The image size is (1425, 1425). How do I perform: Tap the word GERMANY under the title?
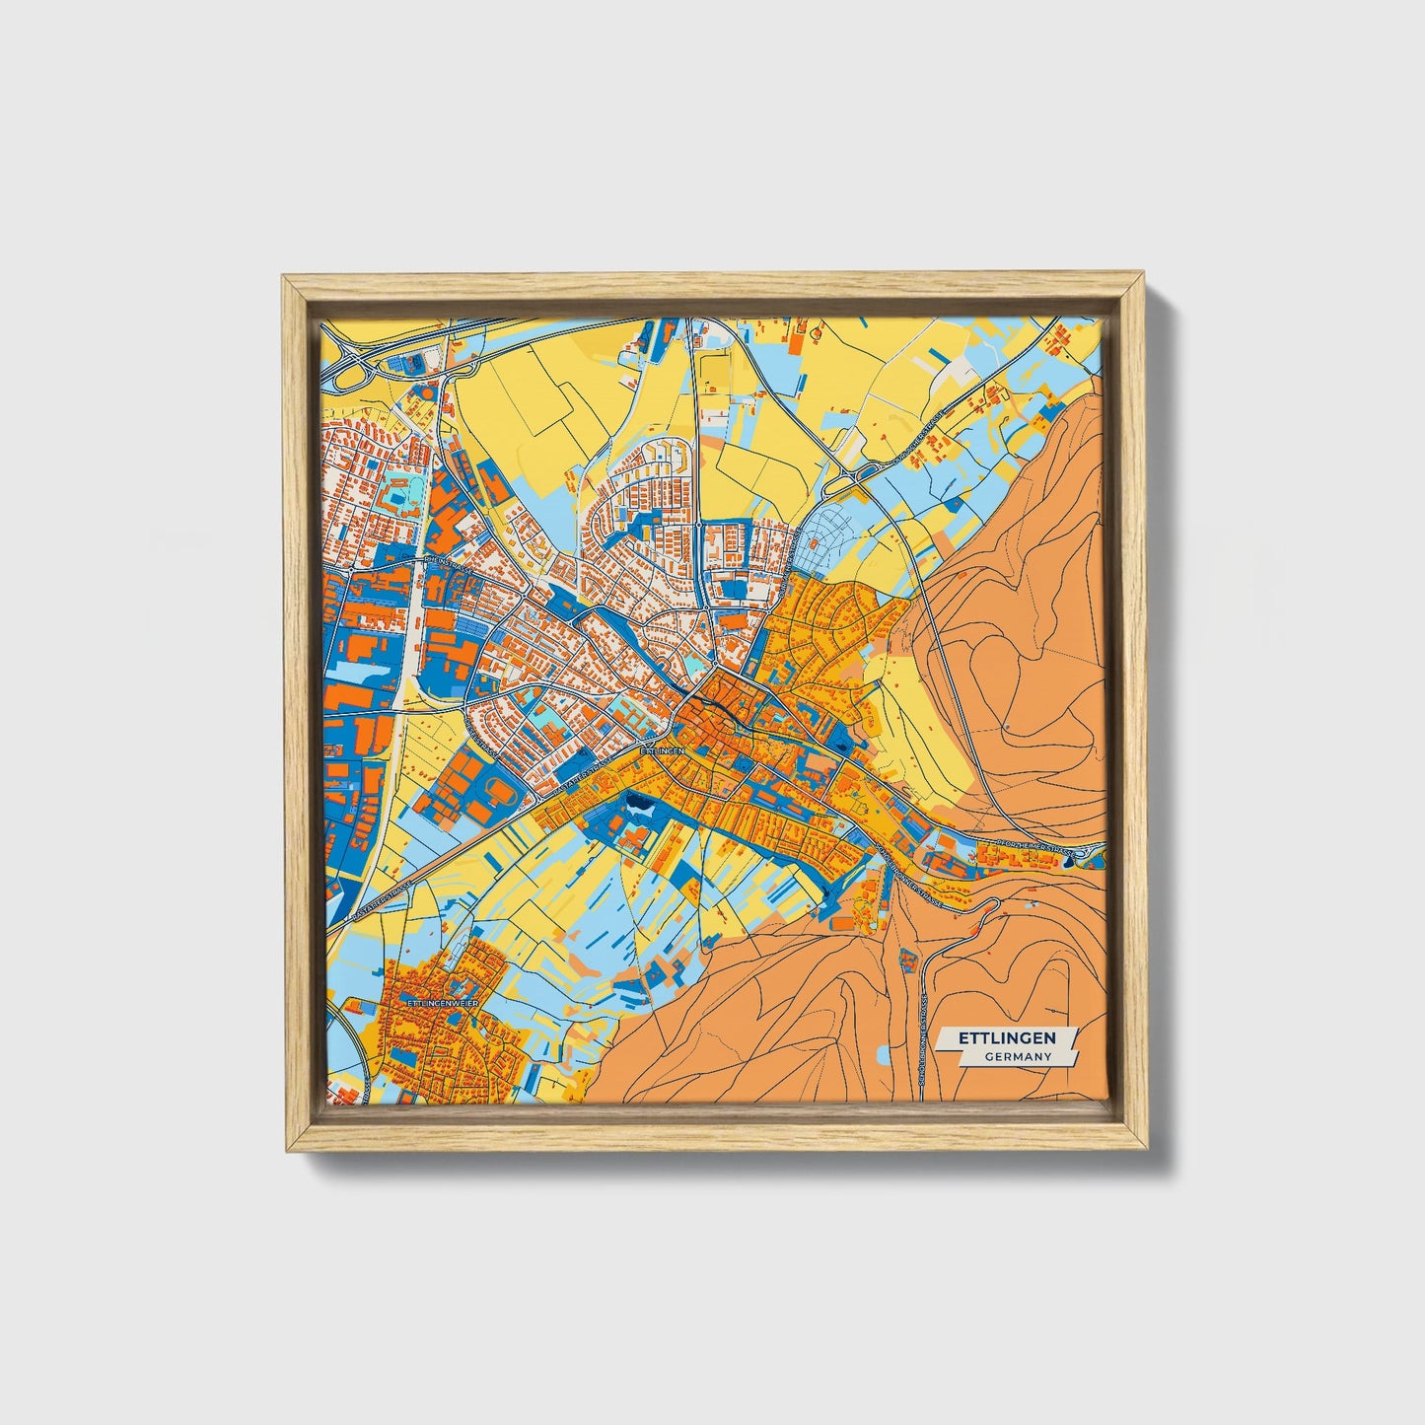tap(1017, 1056)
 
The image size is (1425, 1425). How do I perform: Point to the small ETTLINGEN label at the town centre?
tap(662, 750)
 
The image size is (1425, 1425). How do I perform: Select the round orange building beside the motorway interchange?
tap(428, 392)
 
